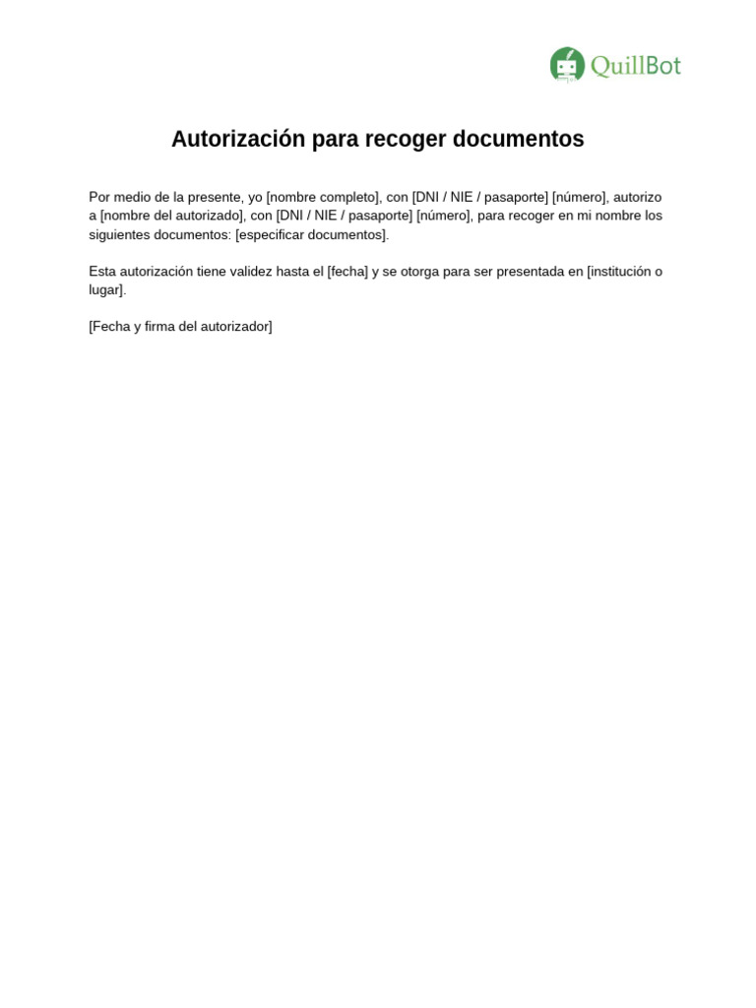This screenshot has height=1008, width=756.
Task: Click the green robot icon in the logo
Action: point(566,65)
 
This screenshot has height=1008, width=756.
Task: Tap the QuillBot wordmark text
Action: point(635,66)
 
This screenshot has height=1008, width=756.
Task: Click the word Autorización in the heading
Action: point(238,139)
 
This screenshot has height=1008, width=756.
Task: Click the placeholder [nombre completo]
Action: point(323,197)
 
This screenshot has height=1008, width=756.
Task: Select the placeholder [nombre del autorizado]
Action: point(171,216)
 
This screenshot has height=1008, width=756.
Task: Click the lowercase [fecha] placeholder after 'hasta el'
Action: point(347,272)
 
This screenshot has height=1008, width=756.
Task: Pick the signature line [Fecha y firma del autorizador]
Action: point(180,326)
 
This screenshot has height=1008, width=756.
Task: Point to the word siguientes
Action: point(119,234)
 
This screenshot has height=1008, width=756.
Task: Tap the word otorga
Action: point(419,272)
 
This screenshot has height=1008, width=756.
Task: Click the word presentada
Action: point(530,272)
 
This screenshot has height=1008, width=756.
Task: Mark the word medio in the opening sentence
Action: point(132,197)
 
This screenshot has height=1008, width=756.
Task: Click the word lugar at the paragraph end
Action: point(105,290)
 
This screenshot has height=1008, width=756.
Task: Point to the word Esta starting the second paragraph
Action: point(102,272)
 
